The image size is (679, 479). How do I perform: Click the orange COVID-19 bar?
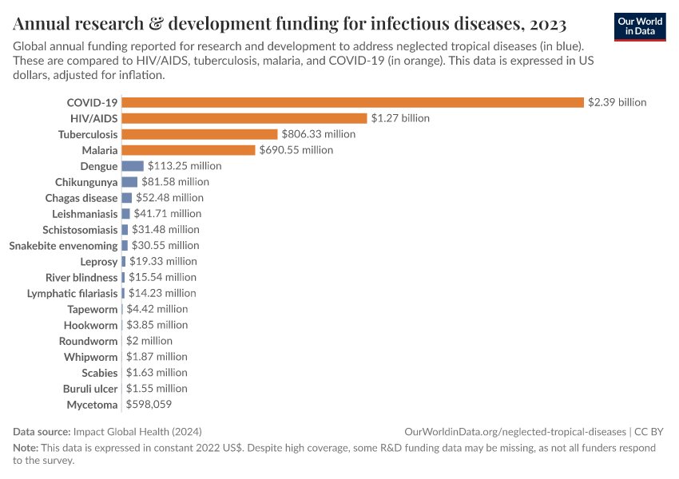click(x=352, y=102)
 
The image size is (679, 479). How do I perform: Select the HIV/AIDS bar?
click(x=244, y=118)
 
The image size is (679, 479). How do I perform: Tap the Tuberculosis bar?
click(x=199, y=134)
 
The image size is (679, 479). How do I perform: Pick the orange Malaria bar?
click(x=188, y=150)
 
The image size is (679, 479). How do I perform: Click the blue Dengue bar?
click(x=133, y=166)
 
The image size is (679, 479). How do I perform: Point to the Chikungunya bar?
click(x=129, y=182)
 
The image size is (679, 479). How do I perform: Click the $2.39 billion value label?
click(x=617, y=102)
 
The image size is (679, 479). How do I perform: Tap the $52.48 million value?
click(x=169, y=198)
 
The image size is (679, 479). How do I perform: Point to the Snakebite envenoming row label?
click(x=63, y=245)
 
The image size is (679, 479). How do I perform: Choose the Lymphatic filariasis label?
click(x=72, y=293)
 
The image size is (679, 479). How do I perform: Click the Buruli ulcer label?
click(x=90, y=389)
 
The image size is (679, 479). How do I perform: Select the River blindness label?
click(x=81, y=277)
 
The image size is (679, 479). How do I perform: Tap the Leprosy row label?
click(x=98, y=261)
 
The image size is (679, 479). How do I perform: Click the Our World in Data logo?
click(x=640, y=26)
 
